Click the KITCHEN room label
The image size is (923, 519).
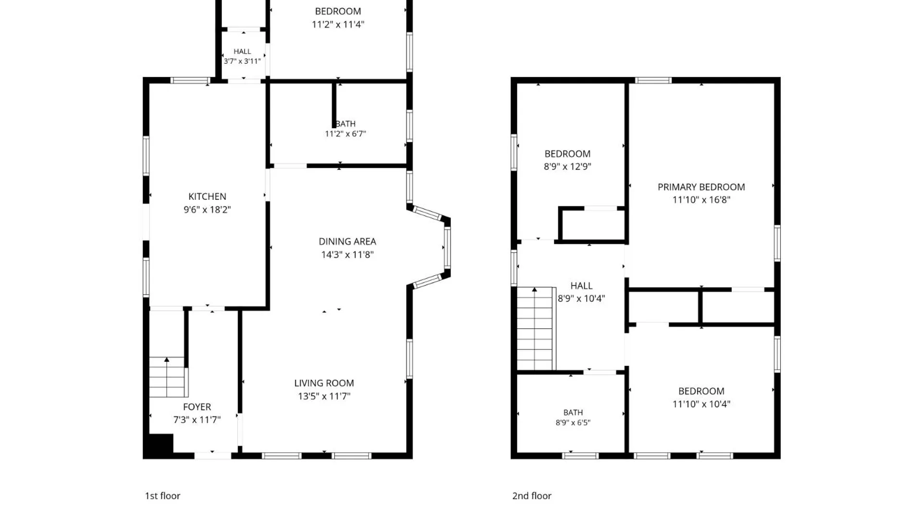(207, 197)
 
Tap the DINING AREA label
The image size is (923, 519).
(347, 242)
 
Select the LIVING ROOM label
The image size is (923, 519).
(324, 383)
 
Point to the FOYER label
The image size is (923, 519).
(197, 407)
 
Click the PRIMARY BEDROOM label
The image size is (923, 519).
(701, 187)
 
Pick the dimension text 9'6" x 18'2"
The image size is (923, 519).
(207, 210)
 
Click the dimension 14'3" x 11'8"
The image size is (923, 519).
(347, 255)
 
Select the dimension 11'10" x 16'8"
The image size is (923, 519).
(701, 200)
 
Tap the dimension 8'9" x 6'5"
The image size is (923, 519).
(573, 423)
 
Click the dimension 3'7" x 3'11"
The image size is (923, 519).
(242, 62)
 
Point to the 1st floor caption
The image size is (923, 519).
(162, 496)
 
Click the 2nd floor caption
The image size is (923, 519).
(532, 496)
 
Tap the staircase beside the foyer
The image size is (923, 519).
(167, 377)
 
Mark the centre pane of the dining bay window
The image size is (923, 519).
(447, 248)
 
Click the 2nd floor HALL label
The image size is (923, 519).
(581, 286)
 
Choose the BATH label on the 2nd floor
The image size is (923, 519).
(573, 413)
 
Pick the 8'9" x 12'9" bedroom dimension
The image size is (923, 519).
(567, 167)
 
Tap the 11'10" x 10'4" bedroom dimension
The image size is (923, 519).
(701, 404)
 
